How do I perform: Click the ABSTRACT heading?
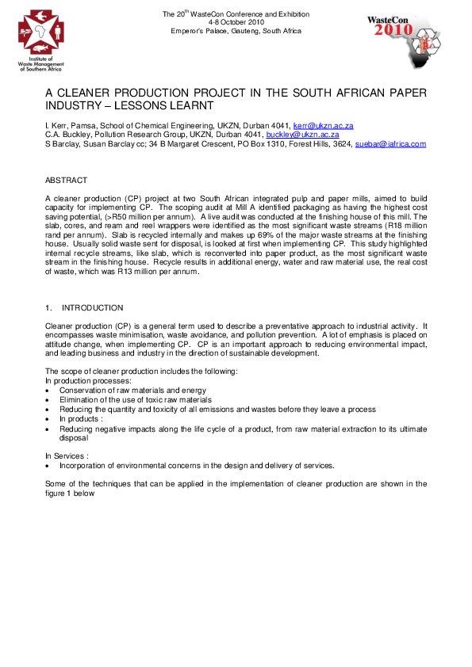[x=67, y=181]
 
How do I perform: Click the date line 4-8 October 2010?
[x=236, y=22]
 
